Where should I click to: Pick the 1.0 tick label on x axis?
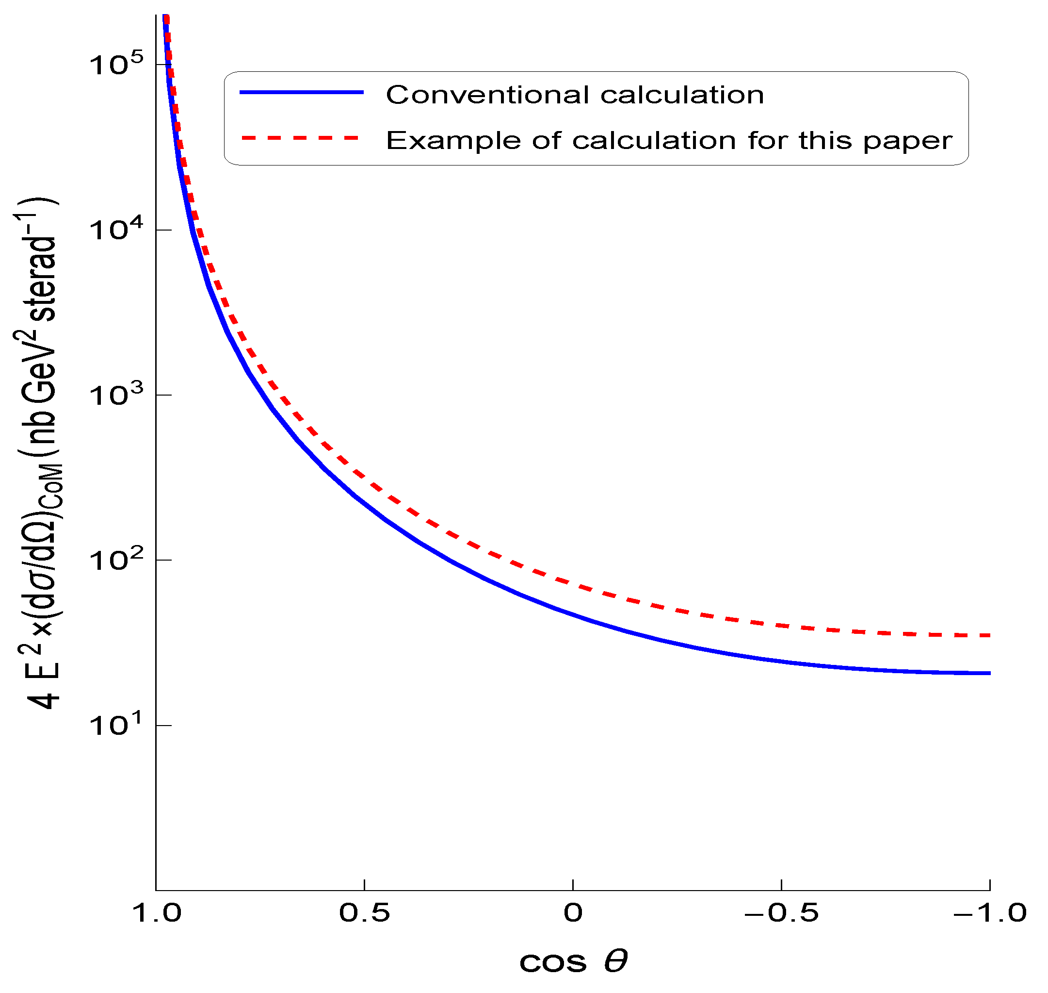(x=156, y=912)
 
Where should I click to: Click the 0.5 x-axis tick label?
(x=365, y=912)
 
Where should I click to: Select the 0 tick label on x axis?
(x=573, y=912)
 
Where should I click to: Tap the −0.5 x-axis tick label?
(x=781, y=912)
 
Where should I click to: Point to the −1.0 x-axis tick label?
(x=989, y=912)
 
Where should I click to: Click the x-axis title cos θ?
(x=573, y=961)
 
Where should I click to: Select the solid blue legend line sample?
(x=302, y=93)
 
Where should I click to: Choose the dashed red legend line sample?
(x=302, y=138)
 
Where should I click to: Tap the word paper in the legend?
(x=907, y=141)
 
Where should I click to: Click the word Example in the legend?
(x=453, y=141)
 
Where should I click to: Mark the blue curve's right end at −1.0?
(x=989, y=673)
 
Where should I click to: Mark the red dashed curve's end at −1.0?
(x=989, y=635)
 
